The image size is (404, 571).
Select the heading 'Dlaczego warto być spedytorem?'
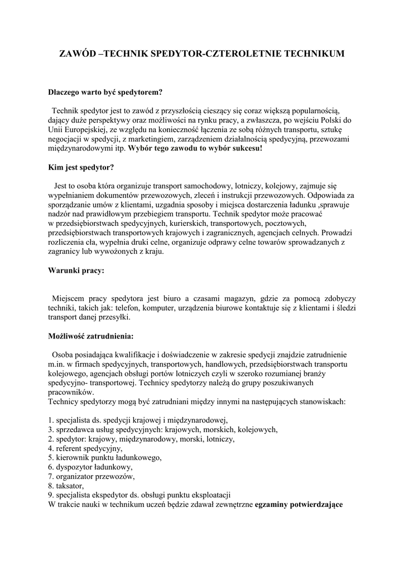(105, 91)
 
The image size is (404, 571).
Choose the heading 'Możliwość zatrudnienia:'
(91, 336)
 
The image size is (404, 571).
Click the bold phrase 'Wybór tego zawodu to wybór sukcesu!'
(195, 149)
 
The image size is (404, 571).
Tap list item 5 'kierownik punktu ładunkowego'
(105, 458)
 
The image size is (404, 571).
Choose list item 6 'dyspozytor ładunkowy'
(90, 467)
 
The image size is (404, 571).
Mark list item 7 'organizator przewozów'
(92, 477)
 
